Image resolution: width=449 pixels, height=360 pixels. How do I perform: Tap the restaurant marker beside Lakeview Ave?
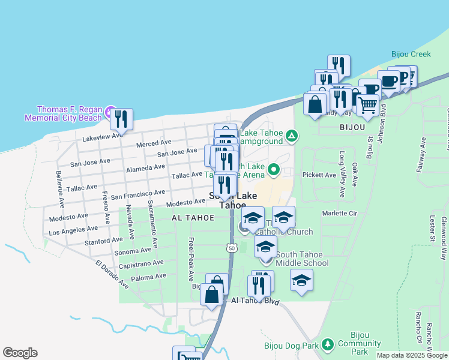pyautogui.click(x=121, y=120)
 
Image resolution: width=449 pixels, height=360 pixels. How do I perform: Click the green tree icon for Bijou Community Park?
pyautogui.click(x=327, y=344)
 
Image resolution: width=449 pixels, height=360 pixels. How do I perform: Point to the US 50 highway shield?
pyautogui.click(x=232, y=247)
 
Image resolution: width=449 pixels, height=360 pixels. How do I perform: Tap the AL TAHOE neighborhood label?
pyautogui.click(x=193, y=217)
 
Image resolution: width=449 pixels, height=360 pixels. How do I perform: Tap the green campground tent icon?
pyautogui.click(x=291, y=136)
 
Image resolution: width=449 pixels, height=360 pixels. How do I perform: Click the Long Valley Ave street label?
pyautogui.click(x=342, y=175)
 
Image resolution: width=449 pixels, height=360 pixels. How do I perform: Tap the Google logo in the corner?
pyautogui.click(x=20, y=353)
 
